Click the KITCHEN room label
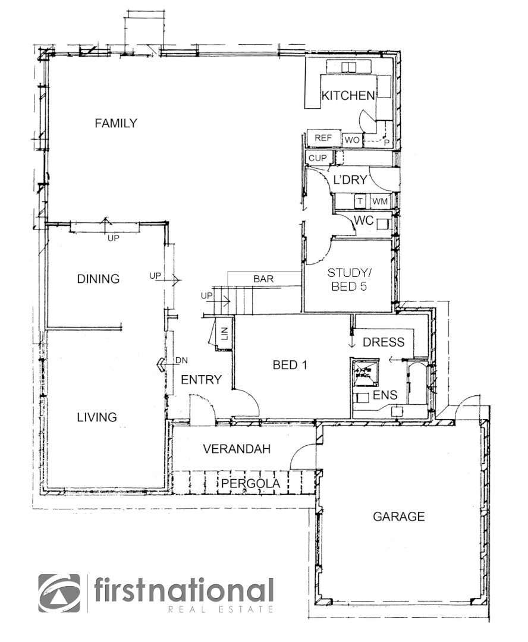[348, 95]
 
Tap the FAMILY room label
[116, 123]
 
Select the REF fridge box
[323, 138]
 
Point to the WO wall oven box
[352, 140]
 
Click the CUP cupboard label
[318, 158]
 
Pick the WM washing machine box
[380, 202]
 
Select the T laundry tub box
[360, 202]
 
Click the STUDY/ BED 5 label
[349, 279]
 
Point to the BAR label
[263, 278]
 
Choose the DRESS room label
[384, 342]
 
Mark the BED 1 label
[290, 365]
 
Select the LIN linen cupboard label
[224, 333]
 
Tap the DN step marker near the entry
[181, 361]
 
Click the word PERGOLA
[250, 484]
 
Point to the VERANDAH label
[237, 449]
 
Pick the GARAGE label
[398, 517]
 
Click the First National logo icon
[59, 593]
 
